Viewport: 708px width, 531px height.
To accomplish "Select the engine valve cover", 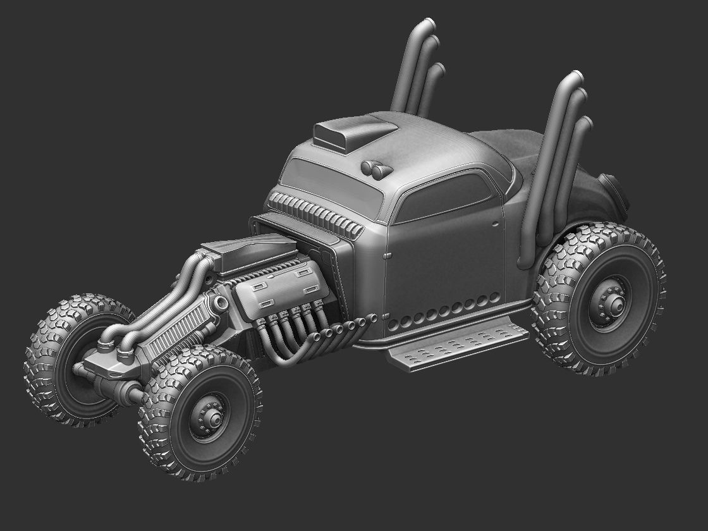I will [x=281, y=293].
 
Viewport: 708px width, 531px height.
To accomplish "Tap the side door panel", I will [x=446, y=265].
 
